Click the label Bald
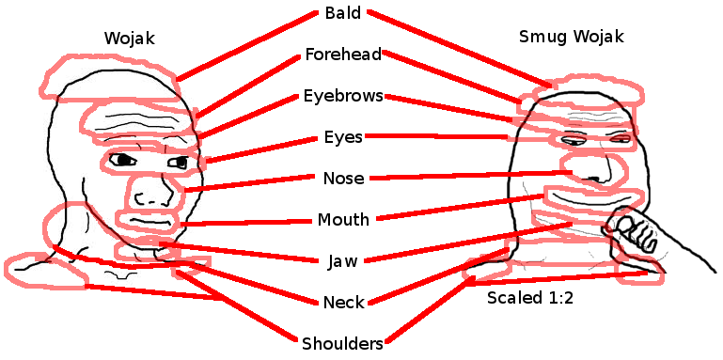(342, 13)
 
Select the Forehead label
(342, 55)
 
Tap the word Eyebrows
(342, 96)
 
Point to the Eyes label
(342, 137)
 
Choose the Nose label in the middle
(342, 179)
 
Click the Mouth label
(342, 220)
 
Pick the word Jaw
(342, 261)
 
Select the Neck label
(342, 303)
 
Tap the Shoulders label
(342, 344)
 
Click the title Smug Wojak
(571, 38)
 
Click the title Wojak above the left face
(129, 38)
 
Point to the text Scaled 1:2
(529, 298)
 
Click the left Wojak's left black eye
(123, 160)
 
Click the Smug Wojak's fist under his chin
(637, 232)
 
